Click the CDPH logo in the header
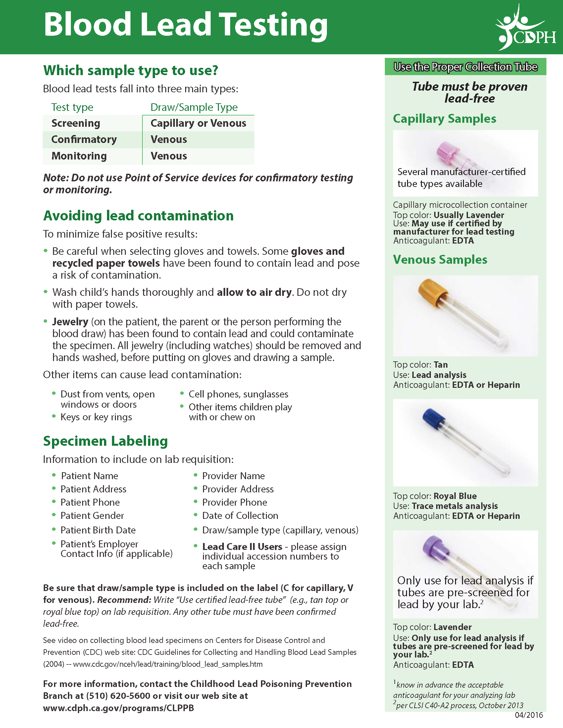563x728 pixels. (526, 28)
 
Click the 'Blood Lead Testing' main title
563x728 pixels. (185, 25)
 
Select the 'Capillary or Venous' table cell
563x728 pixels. (198, 123)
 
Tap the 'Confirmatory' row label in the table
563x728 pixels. (84, 139)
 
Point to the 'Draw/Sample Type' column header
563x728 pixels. (194, 107)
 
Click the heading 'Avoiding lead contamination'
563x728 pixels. (138, 216)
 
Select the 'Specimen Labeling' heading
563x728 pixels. (105, 441)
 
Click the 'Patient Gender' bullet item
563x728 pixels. (92, 516)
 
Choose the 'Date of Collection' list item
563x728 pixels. (240, 516)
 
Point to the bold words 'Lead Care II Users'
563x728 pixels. (242, 547)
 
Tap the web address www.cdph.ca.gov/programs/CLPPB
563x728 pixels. (119, 708)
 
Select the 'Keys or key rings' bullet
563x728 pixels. (96, 417)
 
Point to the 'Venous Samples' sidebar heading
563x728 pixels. (440, 260)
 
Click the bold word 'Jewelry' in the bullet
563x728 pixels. (70, 322)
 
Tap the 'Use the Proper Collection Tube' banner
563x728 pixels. (465, 67)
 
